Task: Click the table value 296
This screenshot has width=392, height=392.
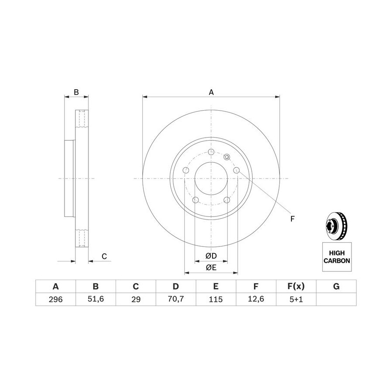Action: point(55,299)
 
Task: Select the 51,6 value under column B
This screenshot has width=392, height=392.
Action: point(96,299)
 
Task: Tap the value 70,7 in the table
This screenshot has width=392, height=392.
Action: point(176,299)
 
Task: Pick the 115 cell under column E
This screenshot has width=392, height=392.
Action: point(216,299)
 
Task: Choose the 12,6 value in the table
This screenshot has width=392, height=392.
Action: point(256,299)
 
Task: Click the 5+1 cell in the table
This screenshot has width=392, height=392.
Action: point(296,299)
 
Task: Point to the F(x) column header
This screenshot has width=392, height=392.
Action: point(296,286)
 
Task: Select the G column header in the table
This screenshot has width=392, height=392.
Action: point(336,286)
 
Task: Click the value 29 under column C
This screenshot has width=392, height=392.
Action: point(136,299)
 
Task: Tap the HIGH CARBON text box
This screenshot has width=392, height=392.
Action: point(337,257)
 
